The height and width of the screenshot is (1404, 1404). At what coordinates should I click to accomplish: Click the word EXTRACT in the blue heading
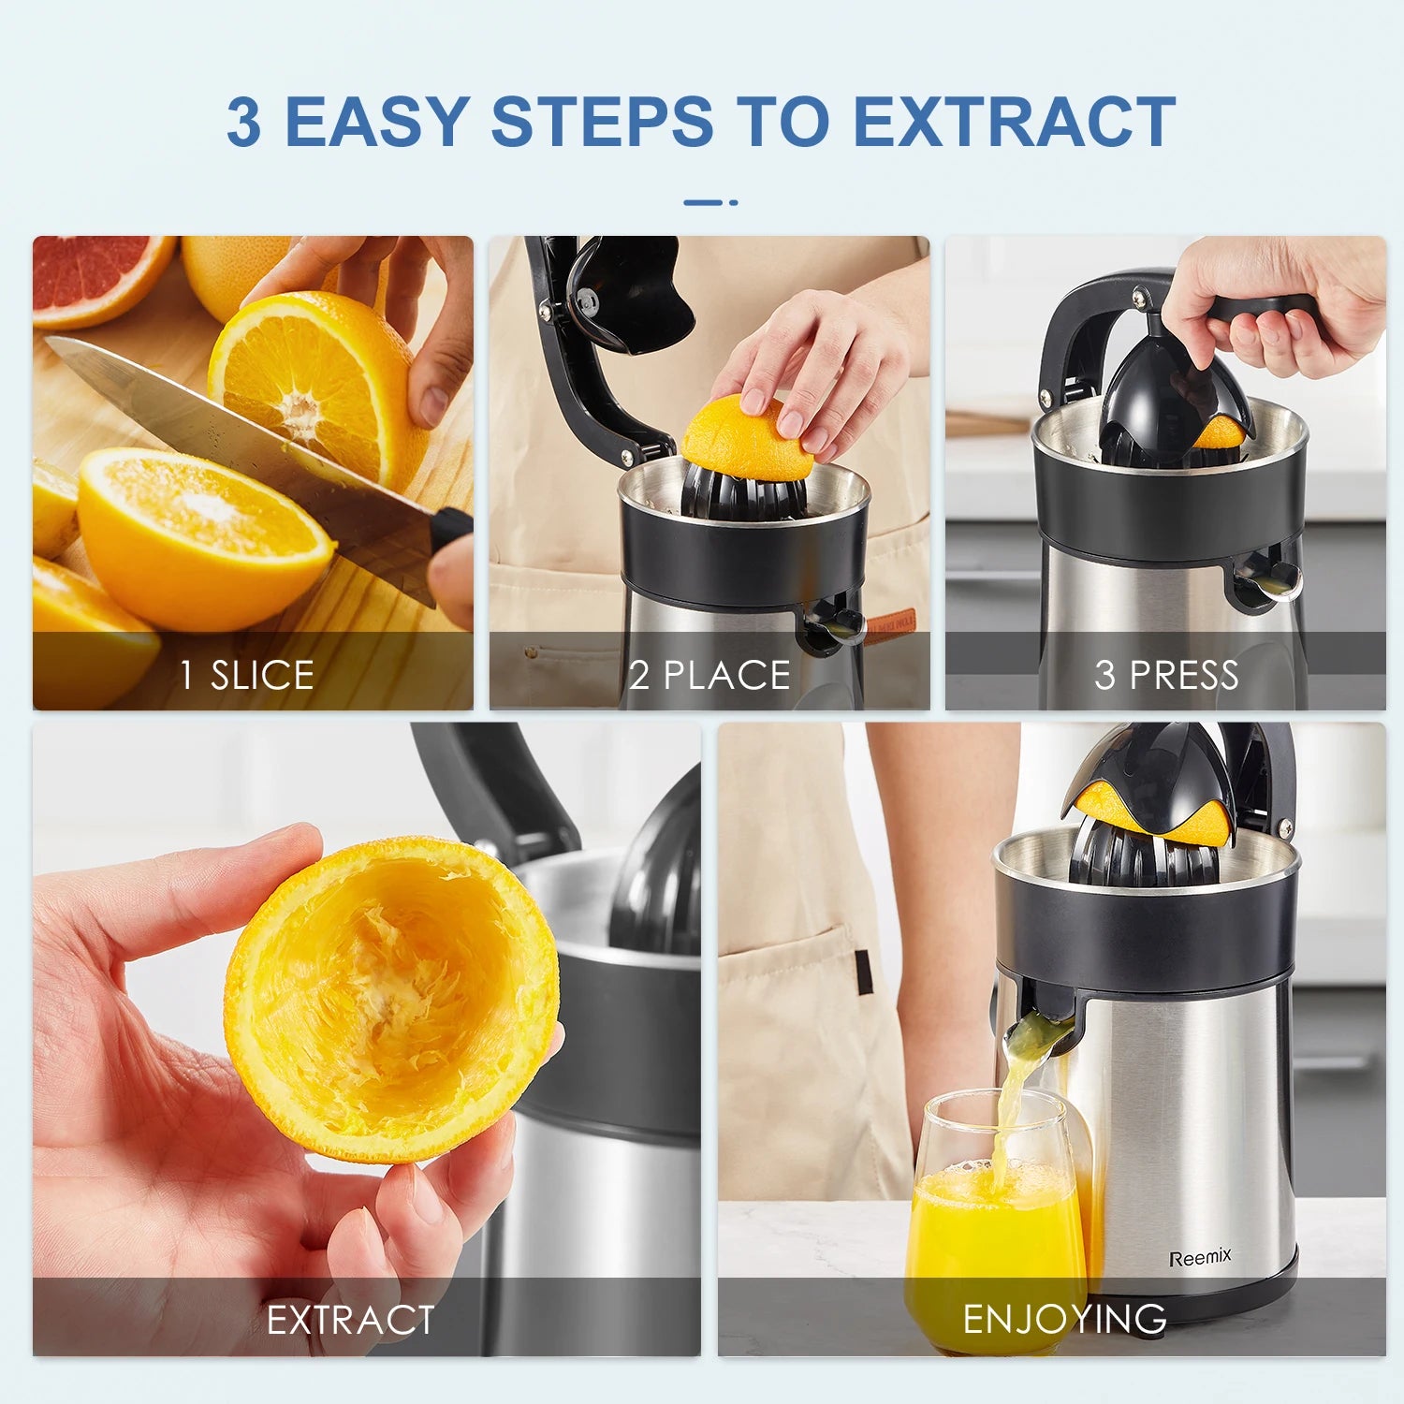1015,121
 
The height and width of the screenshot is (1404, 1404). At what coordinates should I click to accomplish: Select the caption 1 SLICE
247,675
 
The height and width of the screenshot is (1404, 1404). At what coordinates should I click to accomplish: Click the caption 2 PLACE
709,675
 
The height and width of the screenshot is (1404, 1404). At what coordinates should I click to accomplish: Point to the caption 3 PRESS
1166,675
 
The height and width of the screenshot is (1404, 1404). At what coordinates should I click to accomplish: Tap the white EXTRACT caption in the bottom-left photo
350,1320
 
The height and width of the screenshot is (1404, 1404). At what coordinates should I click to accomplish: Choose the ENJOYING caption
1064,1319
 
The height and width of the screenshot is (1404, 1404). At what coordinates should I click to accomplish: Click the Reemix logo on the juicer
1200,1257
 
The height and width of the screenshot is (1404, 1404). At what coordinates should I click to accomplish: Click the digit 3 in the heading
243,122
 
